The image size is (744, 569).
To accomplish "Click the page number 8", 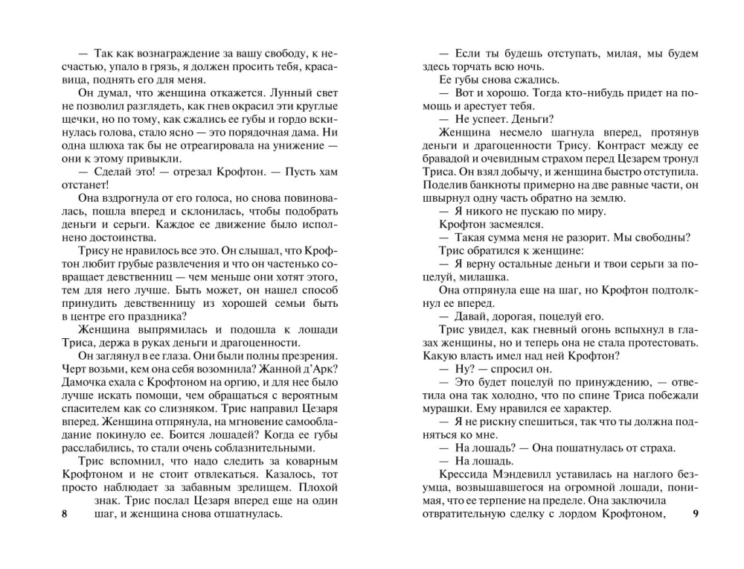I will point(65,514).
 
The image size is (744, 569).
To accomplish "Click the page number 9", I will point(695,514).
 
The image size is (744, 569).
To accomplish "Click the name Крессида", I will point(464,474).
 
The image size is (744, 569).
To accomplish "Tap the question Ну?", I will point(461,368).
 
